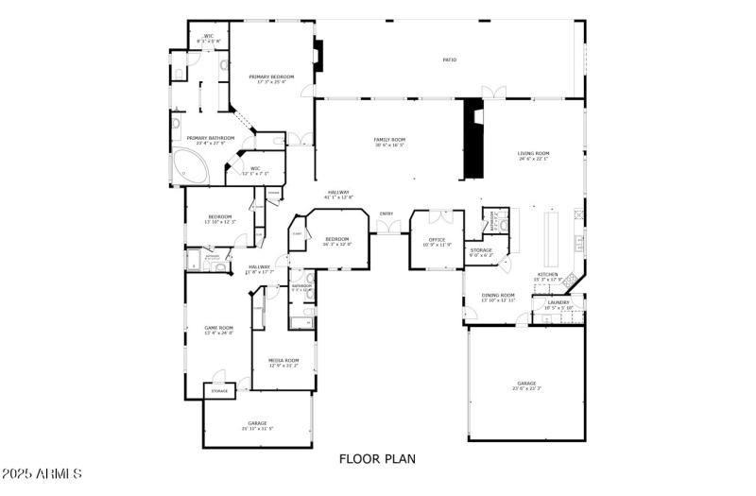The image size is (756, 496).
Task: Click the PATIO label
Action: coord(450,60)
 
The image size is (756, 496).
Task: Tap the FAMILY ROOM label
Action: coord(389,140)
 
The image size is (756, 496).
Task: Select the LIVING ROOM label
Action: coord(534,154)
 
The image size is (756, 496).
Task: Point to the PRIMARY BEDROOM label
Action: coord(271,77)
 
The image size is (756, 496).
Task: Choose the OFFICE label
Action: coord(437,240)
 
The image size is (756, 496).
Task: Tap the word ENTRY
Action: coord(387,214)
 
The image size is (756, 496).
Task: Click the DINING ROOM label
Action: coord(498,296)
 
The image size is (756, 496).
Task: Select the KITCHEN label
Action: coord(548,275)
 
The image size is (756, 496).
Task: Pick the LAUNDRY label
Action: coord(558,303)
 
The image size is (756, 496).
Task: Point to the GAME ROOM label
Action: coord(218,329)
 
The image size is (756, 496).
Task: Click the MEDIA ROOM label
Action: coord(283,361)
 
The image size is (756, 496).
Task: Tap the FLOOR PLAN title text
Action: coord(377,459)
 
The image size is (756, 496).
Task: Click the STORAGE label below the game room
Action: coord(219,391)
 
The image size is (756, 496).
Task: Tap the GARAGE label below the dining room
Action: coord(526,385)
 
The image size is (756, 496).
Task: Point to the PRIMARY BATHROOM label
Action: coord(210,139)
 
